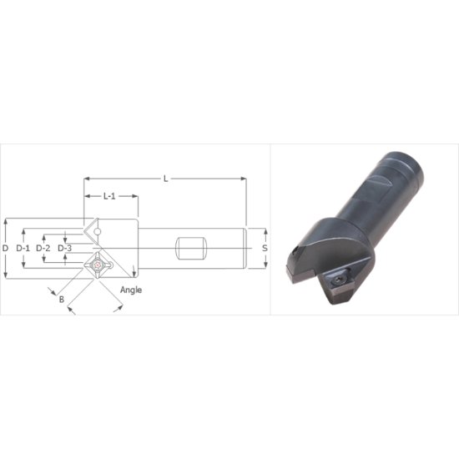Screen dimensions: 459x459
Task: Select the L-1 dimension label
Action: coord(109,197)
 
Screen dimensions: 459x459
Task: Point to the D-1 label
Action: coord(23,249)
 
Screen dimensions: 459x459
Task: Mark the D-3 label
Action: coord(65,249)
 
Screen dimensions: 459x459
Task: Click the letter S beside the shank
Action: coord(265,248)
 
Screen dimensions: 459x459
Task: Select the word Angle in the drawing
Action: coord(131,290)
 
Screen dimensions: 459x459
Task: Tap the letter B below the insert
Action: coord(61,296)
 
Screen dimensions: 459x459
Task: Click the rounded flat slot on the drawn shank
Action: coord(190,249)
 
